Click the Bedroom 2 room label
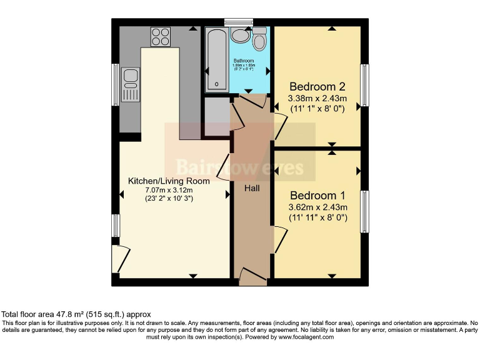pos(316,86)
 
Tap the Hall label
pos(252,187)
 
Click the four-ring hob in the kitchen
pos(161,36)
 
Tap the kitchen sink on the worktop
pos(131,84)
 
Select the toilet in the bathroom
pos(259,40)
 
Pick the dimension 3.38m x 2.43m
pos(317,98)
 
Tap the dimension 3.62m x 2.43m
pos(317,207)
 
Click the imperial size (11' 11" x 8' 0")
pos(317,217)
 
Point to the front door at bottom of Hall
pos(252,276)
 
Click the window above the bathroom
pos(239,22)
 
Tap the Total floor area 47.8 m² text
pos(76,314)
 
